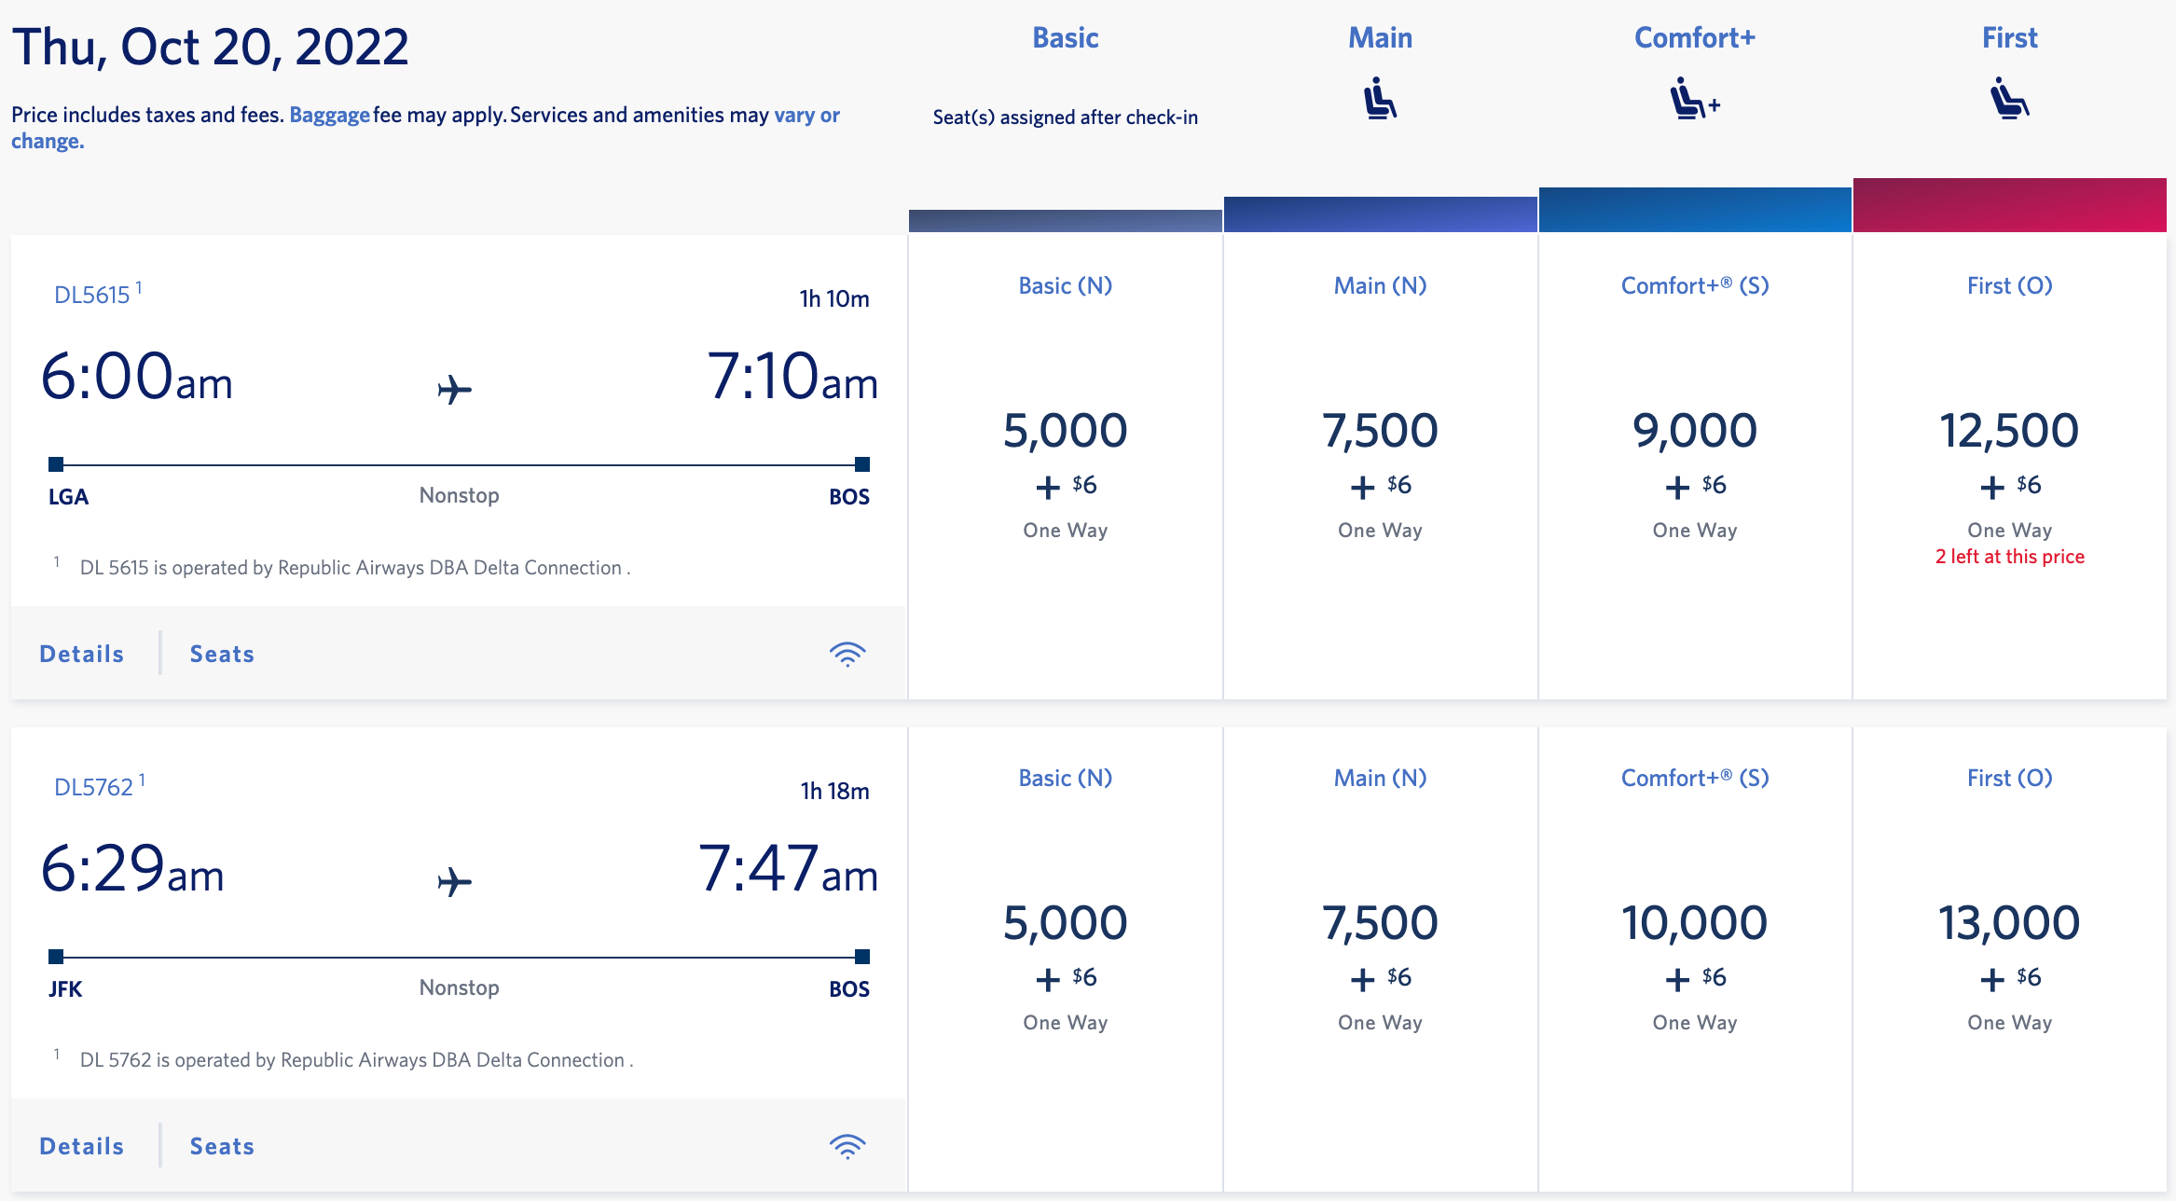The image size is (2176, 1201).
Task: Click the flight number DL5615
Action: click(92, 295)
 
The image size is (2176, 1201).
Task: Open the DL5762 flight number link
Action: click(94, 787)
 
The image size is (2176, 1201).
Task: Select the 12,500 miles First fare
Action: click(2009, 431)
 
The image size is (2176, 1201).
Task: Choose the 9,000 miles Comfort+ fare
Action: click(1694, 431)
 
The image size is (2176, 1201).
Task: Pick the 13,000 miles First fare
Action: click(2009, 923)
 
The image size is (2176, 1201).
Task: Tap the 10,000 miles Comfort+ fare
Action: click(1694, 923)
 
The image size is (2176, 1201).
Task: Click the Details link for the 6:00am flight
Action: click(82, 654)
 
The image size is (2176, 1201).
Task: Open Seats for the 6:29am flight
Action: click(222, 1146)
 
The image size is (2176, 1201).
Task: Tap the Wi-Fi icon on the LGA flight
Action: click(847, 654)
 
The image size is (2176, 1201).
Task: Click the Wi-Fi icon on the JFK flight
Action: click(847, 1146)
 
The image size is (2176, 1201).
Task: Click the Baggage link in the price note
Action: click(329, 115)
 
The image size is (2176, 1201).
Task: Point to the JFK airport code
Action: click(65, 988)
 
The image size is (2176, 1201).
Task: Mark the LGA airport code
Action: click(68, 496)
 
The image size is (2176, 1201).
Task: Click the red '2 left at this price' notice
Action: click(2009, 557)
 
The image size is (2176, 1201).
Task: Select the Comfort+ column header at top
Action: click(1694, 38)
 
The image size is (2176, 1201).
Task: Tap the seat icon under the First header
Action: click(2009, 99)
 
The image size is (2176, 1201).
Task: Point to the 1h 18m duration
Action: click(834, 791)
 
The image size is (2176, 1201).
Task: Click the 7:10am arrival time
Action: click(792, 377)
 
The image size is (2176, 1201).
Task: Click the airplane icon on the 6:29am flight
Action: click(455, 881)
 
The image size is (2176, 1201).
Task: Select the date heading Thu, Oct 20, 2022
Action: click(211, 47)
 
